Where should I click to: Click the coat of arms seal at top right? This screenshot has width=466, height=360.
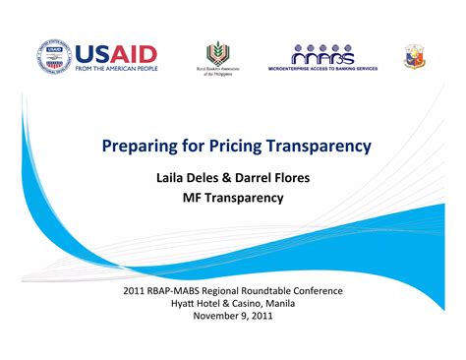click(415, 56)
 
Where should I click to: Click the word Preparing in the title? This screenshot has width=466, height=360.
click(140, 147)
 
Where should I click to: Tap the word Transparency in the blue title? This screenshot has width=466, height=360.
click(322, 147)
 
